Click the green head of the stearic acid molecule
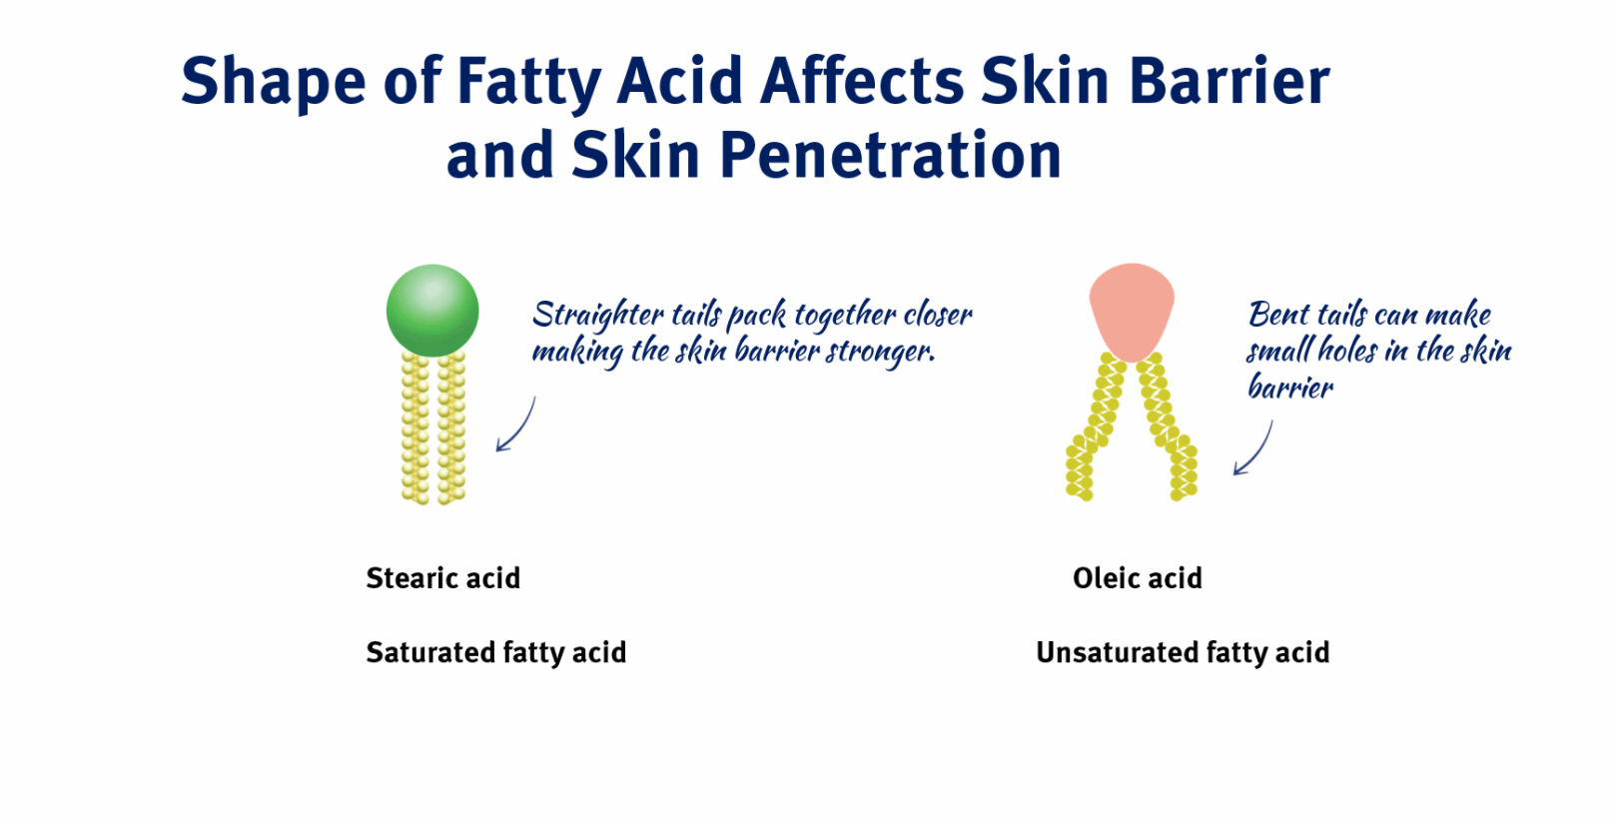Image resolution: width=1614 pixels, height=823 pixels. click(432, 311)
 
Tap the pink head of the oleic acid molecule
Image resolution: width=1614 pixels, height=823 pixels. click(1132, 308)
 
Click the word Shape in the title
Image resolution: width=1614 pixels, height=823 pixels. click(273, 83)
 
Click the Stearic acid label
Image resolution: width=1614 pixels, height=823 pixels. click(442, 578)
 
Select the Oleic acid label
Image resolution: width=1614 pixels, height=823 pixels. click(1137, 578)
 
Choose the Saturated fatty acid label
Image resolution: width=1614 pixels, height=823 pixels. click(495, 652)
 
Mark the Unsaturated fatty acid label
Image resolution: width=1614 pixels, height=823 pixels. click(1183, 652)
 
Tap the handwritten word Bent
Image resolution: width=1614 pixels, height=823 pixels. click(1278, 315)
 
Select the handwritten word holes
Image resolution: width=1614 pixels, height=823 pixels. click(1347, 350)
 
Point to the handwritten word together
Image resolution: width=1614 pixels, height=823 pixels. click(845, 317)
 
